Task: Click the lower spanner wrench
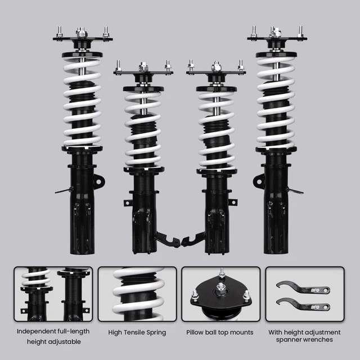303,305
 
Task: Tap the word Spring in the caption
156,332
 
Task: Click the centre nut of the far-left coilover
80,32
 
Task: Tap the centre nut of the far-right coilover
275,32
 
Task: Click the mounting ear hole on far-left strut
99,182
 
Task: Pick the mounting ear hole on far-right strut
259,181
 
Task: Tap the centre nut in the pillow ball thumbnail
220,287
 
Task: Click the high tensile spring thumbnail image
137,294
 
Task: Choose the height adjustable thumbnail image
53,294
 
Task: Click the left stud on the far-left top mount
60,32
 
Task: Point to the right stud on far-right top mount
300,31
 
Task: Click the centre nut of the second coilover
143,66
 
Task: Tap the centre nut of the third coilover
216,66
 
